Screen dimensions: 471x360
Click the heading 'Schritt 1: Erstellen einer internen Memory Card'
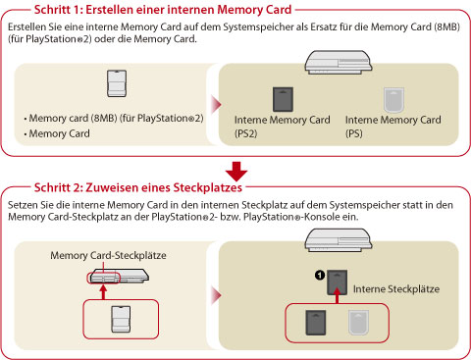pyautogui.click(x=163, y=10)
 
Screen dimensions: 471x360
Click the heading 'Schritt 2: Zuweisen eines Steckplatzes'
pyautogui.click(x=138, y=187)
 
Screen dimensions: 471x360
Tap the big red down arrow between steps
pyautogui.click(x=236, y=172)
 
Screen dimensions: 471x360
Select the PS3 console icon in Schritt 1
pyautogui.click(x=339, y=62)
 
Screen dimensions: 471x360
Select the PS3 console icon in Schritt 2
pyautogui.click(x=339, y=240)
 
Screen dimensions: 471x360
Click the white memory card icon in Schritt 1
pyautogui.click(x=117, y=83)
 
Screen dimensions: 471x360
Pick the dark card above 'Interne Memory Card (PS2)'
pyautogui.click(x=283, y=99)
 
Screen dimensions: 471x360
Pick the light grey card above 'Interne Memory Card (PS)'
pyautogui.click(x=393, y=99)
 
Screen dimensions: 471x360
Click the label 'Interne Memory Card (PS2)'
pyautogui.click(x=282, y=127)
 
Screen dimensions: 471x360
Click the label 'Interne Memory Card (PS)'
pyautogui.click(x=393, y=127)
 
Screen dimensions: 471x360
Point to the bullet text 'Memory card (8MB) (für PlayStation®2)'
pyautogui.click(x=116, y=118)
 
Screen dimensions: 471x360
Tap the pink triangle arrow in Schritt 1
pyautogui.click(x=217, y=105)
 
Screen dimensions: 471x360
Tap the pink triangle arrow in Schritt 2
pyautogui.click(x=217, y=295)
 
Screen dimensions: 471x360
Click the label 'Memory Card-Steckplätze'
pyautogui.click(x=108, y=255)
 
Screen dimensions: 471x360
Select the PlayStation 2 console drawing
pyautogui.click(x=119, y=276)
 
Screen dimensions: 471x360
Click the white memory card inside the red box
pyautogui.click(x=121, y=319)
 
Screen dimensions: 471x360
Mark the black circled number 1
pyautogui.click(x=320, y=276)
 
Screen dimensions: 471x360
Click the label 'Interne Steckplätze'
pyautogui.click(x=396, y=289)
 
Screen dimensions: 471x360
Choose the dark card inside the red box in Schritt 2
pyautogui.click(x=316, y=323)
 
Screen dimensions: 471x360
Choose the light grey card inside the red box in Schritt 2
pyautogui.click(x=358, y=323)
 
